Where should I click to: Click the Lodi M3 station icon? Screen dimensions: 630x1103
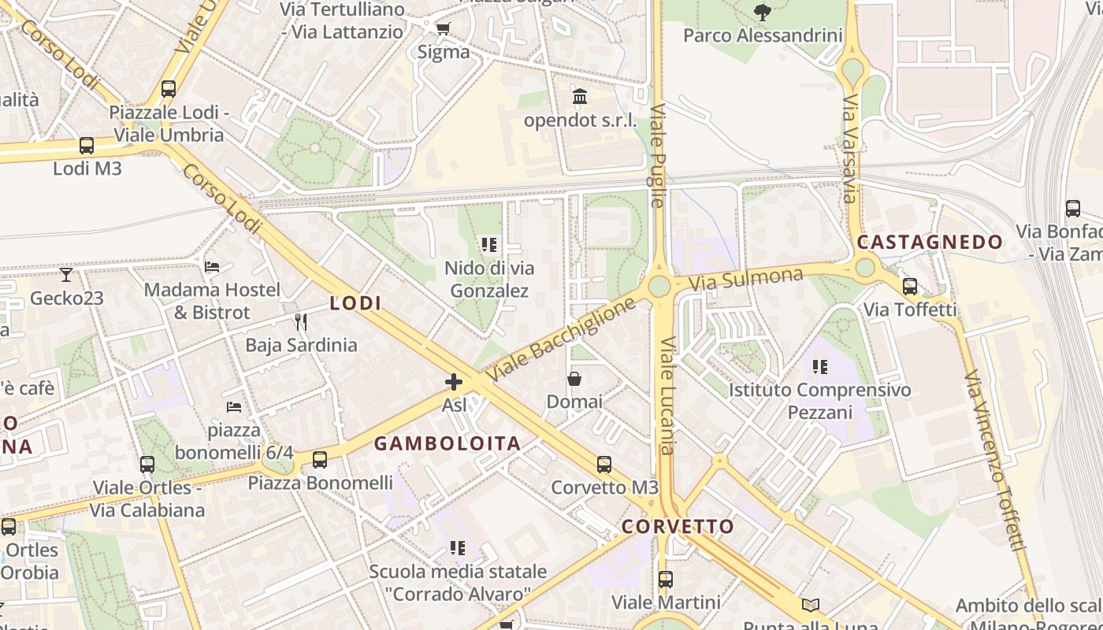pyautogui.click(x=87, y=146)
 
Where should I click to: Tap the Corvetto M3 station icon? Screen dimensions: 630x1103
pyautogui.click(x=604, y=465)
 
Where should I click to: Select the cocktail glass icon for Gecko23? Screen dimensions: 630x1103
pyautogui.click(x=66, y=275)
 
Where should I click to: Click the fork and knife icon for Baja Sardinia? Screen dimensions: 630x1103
pyautogui.click(x=300, y=321)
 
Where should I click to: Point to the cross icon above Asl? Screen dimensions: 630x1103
pyautogui.click(x=454, y=382)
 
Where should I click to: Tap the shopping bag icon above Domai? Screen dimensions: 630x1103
pyautogui.click(x=574, y=379)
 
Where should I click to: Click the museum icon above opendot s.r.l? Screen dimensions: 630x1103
pyautogui.click(x=581, y=97)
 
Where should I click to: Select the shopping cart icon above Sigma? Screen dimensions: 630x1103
pyautogui.click(x=443, y=29)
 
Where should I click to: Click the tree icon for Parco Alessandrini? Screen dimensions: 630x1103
pyautogui.click(x=762, y=12)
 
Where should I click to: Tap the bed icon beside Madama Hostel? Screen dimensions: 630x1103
pyautogui.click(x=212, y=267)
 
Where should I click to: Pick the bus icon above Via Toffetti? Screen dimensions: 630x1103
pyautogui.click(x=910, y=287)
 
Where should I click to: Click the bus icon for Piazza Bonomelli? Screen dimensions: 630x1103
pyautogui.click(x=320, y=460)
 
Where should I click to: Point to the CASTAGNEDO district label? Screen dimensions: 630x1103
pyautogui.click(x=930, y=242)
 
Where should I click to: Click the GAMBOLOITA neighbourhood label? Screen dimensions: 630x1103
pyautogui.click(x=447, y=443)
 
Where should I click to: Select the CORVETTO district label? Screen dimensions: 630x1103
pyautogui.click(x=678, y=526)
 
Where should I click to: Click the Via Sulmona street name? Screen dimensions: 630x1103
pyautogui.click(x=745, y=279)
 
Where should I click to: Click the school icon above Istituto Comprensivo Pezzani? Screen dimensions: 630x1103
pyautogui.click(x=820, y=367)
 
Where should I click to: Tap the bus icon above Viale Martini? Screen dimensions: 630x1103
pyautogui.click(x=666, y=580)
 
